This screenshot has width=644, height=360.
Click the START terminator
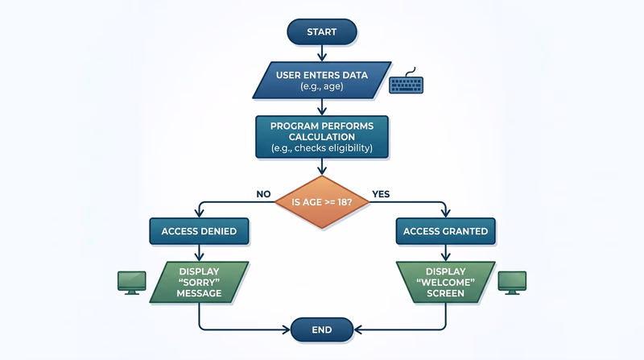point(321,31)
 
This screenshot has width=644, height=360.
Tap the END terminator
point(321,329)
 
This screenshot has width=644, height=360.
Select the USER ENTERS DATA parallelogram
point(321,81)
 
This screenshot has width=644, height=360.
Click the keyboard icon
point(406,85)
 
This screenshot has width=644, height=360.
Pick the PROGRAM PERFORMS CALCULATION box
point(321,136)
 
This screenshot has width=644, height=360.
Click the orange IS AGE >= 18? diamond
point(321,201)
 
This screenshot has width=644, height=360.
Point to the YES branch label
point(381,193)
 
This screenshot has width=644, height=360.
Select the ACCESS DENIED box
point(199,231)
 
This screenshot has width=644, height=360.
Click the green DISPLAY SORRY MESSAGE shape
point(199,282)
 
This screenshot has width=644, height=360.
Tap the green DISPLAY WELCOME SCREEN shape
point(444,282)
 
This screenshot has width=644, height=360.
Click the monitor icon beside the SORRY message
point(131,281)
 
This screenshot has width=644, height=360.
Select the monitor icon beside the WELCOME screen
point(511,281)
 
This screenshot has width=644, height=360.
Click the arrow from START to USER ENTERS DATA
point(321,52)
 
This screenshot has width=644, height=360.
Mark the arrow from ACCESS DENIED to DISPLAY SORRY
point(199,252)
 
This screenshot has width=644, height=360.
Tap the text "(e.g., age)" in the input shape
point(321,87)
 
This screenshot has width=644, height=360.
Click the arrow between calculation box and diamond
point(321,166)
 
